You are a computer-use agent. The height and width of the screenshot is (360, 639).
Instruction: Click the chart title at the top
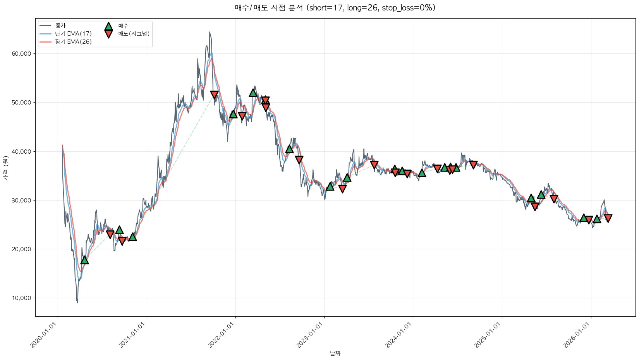point(335,8)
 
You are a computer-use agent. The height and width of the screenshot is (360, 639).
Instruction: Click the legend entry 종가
point(60,26)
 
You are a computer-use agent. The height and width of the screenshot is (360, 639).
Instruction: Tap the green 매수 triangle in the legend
point(108,26)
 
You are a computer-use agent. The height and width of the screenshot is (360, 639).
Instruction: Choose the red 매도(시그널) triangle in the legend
point(108,34)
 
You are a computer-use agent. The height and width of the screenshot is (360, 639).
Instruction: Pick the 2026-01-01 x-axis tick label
point(577,335)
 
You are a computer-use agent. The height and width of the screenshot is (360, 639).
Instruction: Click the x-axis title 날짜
point(335,353)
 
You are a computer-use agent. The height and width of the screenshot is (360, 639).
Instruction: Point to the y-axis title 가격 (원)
point(5,168)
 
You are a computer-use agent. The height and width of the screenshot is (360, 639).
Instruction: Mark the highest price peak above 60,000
point(210,32)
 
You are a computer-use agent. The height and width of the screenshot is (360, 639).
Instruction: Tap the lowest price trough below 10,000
point(77,302)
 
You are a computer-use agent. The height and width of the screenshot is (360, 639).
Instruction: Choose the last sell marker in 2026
point(608,218)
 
